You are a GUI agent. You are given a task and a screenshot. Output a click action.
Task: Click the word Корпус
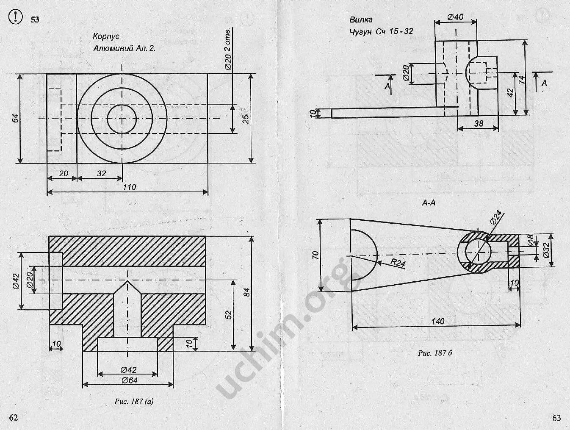tap(106, 37)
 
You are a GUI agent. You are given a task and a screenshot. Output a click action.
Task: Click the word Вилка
tap(361, 19)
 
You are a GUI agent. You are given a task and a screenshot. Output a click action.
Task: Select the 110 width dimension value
tap(129, 187)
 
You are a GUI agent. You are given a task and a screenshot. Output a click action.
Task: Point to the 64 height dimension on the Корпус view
tap(16, 118)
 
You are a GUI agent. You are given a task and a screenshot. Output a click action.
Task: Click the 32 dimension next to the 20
tap(101, 173)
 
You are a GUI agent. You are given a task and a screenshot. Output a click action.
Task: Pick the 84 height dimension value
tap(247, 293)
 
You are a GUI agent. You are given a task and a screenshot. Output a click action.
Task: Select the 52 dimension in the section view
tap(229, 315)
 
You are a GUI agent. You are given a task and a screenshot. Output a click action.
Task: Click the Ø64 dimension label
tap(129, 380)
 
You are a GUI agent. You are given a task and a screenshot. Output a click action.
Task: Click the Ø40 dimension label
tap(455, 17)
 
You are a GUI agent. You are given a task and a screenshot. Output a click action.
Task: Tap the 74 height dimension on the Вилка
tap(522, 79)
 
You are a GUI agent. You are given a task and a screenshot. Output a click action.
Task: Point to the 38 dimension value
tap(479, 124)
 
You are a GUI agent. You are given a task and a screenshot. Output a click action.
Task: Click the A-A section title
tap(429, 203)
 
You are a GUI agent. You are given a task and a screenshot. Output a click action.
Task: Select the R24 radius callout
tap(398, 264)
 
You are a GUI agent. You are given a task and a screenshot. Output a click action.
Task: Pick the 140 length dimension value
tap(438, 321)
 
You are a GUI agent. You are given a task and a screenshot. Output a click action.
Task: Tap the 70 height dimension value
tap(315, 255)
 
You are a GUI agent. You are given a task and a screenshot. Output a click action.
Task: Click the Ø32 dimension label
tap(546, 250)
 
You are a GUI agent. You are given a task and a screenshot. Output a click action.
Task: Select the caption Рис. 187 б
tap(435, 353)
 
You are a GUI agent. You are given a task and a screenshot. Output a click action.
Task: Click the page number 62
tap(14, 418)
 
